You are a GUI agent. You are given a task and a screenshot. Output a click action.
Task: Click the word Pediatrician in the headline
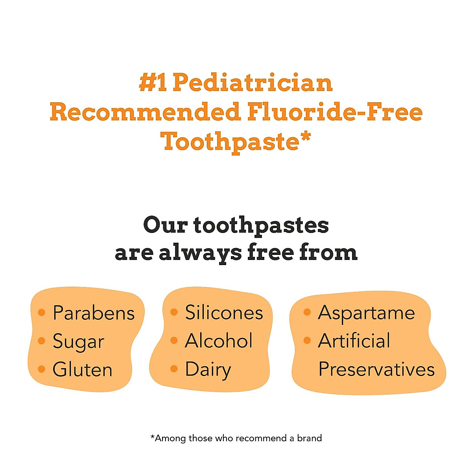253,83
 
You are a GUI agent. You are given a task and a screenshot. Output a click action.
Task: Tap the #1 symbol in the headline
153,83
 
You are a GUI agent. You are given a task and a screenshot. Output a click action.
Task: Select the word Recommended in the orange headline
145,112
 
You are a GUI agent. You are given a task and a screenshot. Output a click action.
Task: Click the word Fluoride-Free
335,112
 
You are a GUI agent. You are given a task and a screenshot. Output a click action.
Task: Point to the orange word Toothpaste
230,142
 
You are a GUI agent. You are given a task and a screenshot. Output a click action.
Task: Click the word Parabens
94,313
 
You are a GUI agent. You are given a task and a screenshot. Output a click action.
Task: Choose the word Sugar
78,341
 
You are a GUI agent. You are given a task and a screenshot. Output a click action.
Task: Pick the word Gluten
83,370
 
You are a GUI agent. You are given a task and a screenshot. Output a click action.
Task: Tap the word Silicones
224,313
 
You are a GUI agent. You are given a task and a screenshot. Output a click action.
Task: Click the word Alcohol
219,341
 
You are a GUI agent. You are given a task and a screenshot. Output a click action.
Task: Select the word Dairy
208,370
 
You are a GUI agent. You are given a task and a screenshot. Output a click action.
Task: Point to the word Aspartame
366,313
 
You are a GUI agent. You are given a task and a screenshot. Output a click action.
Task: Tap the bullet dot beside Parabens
41,313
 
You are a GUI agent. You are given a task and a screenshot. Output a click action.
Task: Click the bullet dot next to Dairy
174,369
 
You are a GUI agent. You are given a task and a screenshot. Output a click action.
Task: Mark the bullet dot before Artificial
307,341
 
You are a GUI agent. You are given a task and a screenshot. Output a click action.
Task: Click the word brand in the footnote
310,438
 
